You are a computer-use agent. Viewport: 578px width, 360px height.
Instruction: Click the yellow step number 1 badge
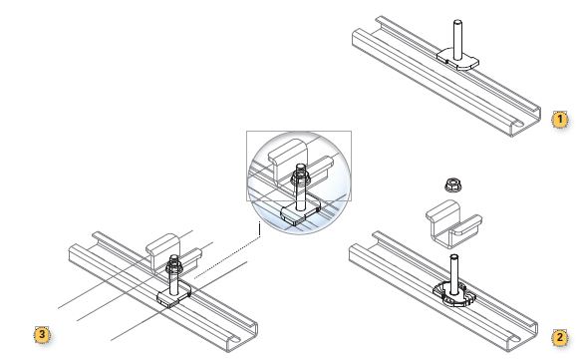pos(560,119)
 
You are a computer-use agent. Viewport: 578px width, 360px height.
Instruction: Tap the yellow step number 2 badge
pos(560,337)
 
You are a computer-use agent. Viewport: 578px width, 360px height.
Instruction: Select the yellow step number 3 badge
pos(42,334)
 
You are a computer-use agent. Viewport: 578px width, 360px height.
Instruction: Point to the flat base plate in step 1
pos(457,60)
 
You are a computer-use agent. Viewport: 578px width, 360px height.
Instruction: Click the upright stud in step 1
pos(457,40)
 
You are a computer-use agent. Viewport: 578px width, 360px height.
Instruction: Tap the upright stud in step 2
pos(454,274)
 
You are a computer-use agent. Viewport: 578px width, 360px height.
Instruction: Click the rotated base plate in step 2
pos(454,294)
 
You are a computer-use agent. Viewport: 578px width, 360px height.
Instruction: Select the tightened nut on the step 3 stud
pos(173,266)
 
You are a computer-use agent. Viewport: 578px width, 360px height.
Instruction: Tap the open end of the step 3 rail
pos(241,337)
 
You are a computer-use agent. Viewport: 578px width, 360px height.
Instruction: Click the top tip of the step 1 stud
pos(457,21)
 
